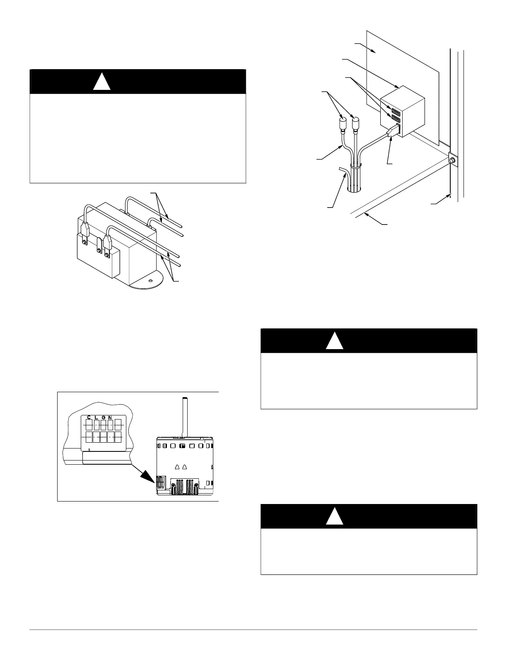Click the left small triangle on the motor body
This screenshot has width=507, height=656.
[x=177, y=467]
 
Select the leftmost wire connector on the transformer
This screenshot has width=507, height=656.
[x=85, y=229]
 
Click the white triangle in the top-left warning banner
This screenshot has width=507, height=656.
[x=101, y=82]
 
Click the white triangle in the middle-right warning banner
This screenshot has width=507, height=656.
[x=334, y=341]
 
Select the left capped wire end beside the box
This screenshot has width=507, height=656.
[x=343, y=124]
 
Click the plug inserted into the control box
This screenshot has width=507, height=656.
[x=391, y=132]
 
